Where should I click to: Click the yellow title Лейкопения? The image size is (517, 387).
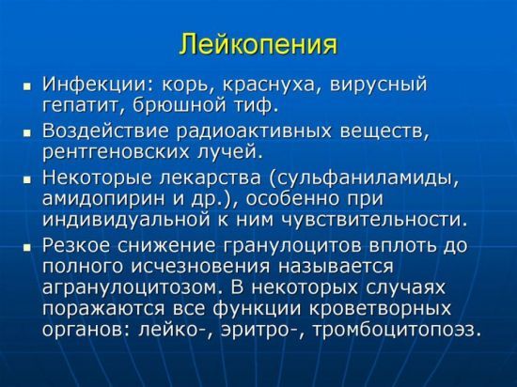click(258, 43)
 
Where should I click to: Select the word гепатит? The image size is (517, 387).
click(81, 106)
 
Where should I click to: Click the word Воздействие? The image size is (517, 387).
click(105, 132)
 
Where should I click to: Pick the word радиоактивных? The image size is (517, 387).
click(254, 132)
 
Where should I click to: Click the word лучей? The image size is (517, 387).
click(230, 152)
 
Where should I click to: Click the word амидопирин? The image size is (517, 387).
click(102, 199)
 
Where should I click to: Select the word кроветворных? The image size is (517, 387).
click(381, 309)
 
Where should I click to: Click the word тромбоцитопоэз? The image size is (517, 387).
click(396, 331)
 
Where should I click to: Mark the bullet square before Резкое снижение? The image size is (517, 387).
click(26, 247)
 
